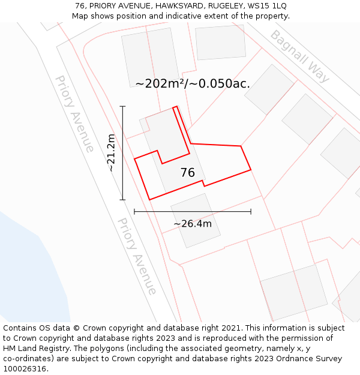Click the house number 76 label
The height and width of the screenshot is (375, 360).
pos(187,173)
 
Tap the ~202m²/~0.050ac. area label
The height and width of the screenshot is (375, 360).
pos(193,83)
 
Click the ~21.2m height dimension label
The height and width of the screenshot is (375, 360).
pos(111,153)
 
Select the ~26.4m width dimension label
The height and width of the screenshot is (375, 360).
pos(193,224)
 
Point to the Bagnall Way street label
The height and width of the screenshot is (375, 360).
pos(299,56)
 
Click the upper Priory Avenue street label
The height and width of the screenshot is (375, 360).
pos(74,113)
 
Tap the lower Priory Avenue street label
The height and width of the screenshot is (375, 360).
pos(137,256)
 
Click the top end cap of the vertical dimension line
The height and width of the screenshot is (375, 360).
pos(123,106)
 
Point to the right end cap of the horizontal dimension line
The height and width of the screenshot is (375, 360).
pos(251,211)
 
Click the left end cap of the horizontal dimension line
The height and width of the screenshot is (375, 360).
pos(134,211)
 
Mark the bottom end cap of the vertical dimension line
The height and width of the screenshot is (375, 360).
pos(123,200)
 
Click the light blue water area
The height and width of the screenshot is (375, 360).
pos(30,270)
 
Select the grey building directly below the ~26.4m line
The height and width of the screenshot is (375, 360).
pos(196,220)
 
